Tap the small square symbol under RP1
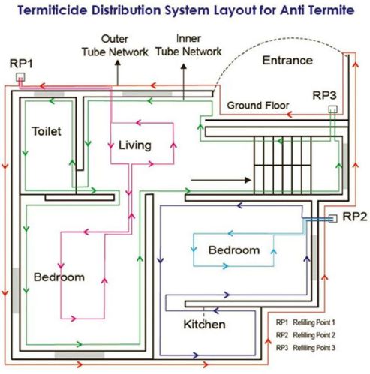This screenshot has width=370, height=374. [22, 76]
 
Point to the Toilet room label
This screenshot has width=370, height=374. [46, 131]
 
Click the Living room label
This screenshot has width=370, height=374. [135, 144]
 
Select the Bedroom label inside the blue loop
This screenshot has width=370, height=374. [233, 250]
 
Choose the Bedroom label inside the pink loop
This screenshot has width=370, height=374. [59, 277]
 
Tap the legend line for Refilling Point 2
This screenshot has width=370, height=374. [315, 335]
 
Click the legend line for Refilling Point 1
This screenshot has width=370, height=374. [315, 322]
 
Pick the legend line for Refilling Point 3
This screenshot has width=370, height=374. [315, 348]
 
